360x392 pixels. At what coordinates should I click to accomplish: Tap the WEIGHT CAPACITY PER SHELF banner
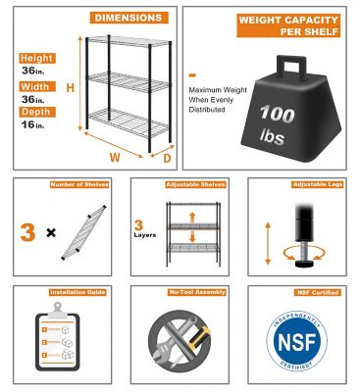[x=283, y=25]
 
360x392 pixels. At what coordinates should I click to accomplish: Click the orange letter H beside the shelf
[x=70, y=89]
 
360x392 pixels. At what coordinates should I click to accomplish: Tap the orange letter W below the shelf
[x=115, y=154]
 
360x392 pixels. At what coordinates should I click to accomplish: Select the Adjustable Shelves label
[x=184, y=184]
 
